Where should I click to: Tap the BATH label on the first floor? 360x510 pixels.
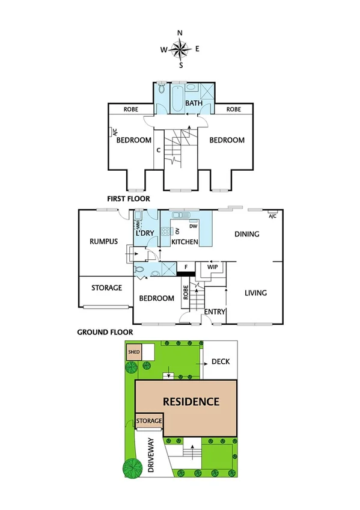[194, 103]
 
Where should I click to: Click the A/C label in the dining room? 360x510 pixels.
[272, 216]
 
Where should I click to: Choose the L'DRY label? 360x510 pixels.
[145, 233]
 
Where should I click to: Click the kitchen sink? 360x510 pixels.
[178, 215]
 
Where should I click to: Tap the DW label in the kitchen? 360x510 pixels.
[193, 226]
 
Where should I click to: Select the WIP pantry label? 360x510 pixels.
[212, 265]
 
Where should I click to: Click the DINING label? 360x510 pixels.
[246, 234]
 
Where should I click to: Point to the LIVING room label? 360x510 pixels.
[255, 293]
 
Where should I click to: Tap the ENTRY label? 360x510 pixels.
[215, 312]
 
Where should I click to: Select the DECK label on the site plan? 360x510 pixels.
[221, 362]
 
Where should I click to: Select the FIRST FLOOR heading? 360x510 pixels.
[128, 198]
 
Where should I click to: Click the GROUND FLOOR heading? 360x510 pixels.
[105, 331]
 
